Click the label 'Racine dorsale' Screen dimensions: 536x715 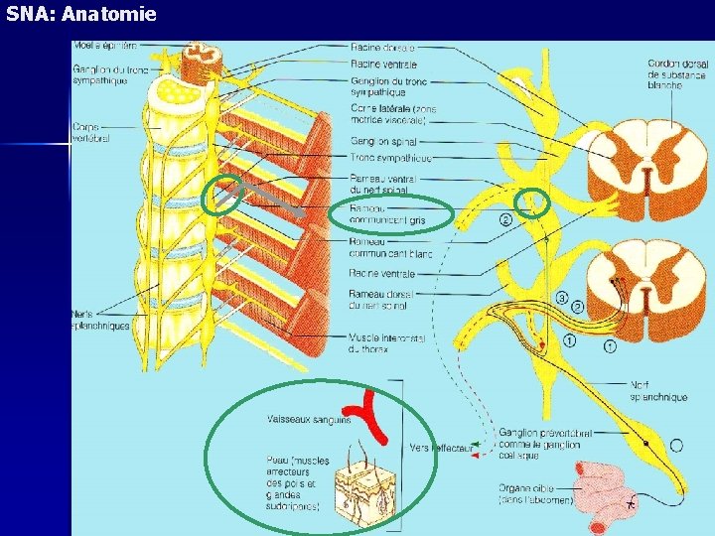382,47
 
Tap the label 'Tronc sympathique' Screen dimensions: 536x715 390,158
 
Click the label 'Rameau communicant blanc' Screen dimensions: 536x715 390,247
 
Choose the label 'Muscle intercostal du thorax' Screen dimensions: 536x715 387,343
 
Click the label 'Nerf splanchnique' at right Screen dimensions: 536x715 657,391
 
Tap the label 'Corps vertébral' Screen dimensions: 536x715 91,132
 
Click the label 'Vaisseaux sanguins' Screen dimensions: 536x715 308,420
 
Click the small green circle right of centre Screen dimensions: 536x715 535,203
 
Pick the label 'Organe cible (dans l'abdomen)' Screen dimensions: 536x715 535,494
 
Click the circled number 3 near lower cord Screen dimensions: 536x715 562,298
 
